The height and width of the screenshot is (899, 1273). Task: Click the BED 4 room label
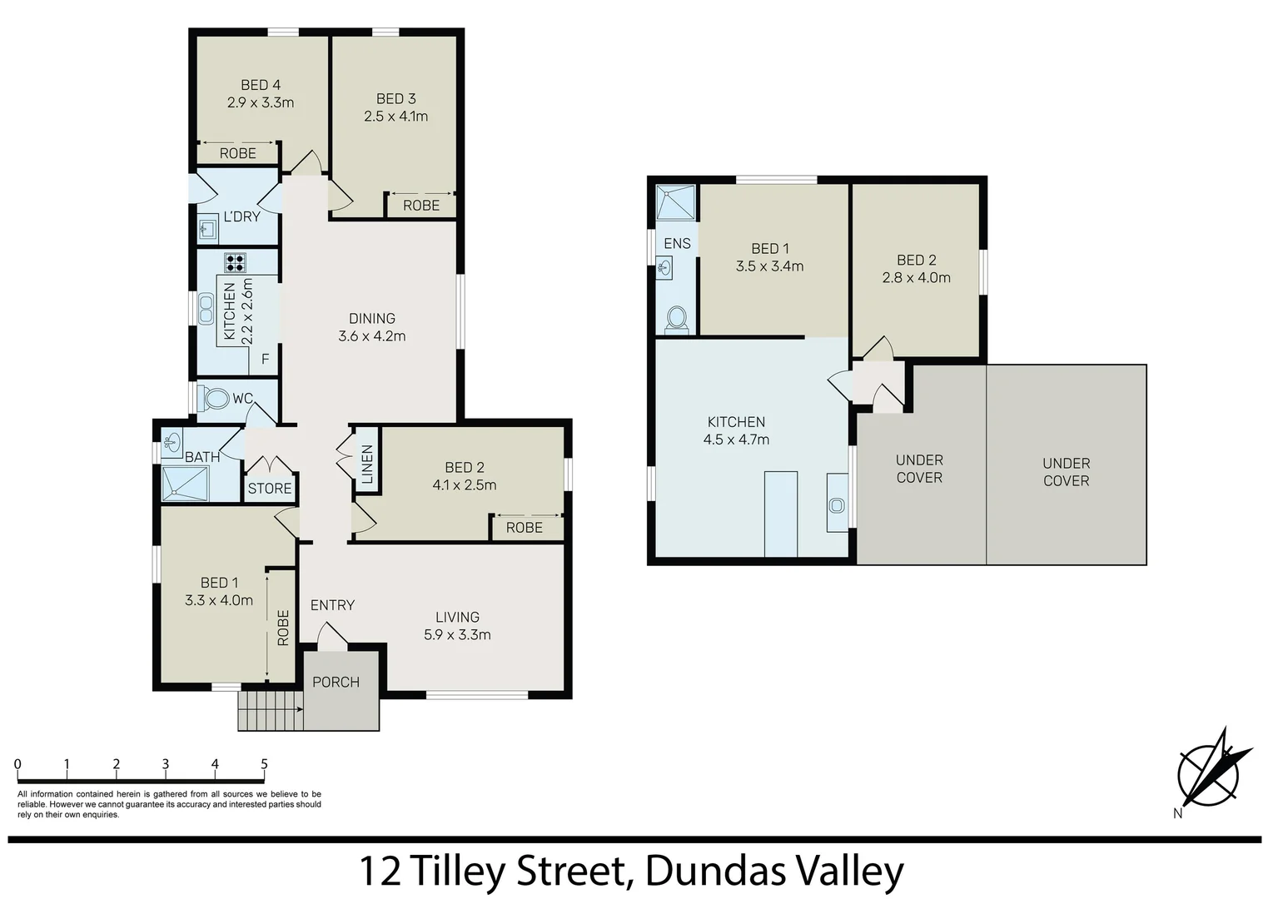point(260,85)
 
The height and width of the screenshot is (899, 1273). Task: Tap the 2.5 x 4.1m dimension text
point(395,117)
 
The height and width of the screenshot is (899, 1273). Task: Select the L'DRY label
point(241,216)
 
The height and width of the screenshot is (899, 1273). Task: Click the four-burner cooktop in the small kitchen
point(235,263)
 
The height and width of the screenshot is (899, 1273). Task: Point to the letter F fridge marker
point(266,360)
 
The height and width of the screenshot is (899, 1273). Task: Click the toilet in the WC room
point(215,399)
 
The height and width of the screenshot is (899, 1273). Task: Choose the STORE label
point(270,489)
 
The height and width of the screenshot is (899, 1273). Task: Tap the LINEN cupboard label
point(367,464)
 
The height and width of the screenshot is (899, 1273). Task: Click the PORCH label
point(336,682)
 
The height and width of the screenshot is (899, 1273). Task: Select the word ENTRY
point(332,605)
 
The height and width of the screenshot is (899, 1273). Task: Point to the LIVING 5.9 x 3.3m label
point(457,626)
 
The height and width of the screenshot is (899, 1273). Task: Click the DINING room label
point(371,318)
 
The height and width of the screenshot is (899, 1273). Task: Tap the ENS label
point(677,243)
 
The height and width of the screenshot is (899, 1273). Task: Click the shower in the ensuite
point(674,202)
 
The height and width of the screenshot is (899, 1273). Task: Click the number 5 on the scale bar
point(264,764)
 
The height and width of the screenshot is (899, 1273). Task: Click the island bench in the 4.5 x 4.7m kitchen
point(780,514)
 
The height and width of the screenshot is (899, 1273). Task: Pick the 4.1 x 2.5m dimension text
point(464,485)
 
